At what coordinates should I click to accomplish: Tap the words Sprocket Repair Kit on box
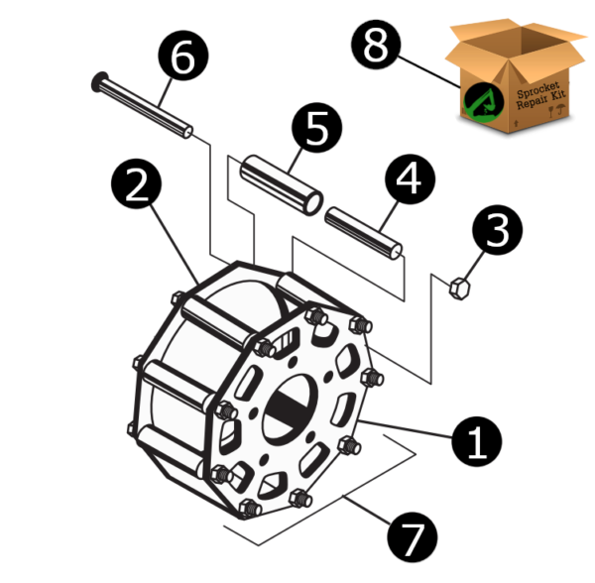[541, 100]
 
